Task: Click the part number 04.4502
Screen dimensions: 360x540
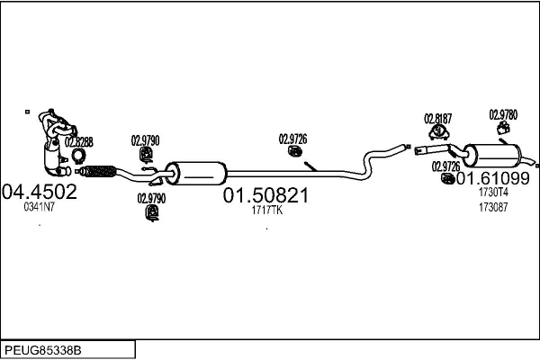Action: click(40, 192)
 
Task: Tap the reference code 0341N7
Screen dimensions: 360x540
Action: click(39, 208)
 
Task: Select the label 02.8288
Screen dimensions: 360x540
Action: click(78, 142)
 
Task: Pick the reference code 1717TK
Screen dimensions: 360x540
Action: click(266, 211)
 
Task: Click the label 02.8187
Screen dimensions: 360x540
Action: click(438, 118)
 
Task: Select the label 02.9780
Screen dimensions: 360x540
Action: click(503, 114)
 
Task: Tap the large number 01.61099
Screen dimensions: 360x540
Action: click(494, 178)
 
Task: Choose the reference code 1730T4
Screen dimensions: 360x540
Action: click(493, 193)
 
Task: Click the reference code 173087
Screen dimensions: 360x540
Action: click(492, 207)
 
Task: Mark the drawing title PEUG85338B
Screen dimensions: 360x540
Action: click(43, 347)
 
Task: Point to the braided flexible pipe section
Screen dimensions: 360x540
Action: click(98, 170)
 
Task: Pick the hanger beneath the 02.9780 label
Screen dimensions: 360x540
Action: click(503, 130)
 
